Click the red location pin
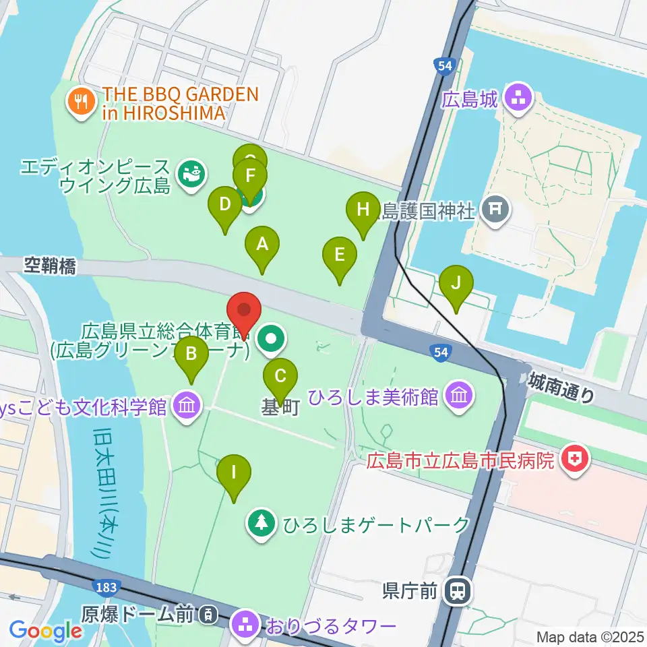point(245,311)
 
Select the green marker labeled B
point(191,354)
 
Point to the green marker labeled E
point(340,255)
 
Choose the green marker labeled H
point(363,210)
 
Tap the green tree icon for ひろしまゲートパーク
point(259,524)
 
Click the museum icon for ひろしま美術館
point(459,394)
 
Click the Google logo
point(46,631)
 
